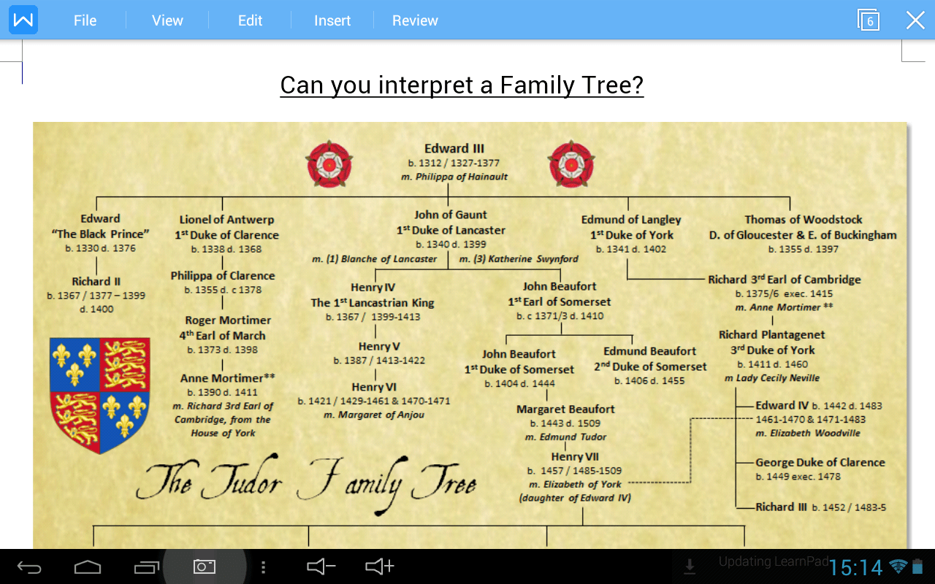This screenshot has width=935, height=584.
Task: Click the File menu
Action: pos(85,20)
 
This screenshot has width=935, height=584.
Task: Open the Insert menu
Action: pos(332,20)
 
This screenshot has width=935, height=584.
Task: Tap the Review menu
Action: pos(415,20)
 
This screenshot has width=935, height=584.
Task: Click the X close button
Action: pos(915,20)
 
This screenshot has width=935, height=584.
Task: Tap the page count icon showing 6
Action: pos(869,20)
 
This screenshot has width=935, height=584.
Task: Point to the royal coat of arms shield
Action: pos(100,394)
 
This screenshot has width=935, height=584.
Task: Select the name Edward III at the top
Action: pos(454,149)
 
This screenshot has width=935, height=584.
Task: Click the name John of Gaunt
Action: pos(451,215)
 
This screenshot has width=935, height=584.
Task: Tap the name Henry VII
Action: pos(575,457)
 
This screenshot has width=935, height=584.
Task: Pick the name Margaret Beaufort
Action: pos(565,410)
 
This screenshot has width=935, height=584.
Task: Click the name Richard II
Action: pos(96,281)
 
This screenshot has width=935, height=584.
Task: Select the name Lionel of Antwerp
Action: pos(227,220)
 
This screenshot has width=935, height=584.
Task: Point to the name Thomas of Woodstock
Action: pos(804,220)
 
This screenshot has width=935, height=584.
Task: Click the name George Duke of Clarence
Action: pos(820,462)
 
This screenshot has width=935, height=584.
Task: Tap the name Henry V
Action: pos(379,347)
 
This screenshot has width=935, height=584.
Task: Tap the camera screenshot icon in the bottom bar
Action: pos(205,566)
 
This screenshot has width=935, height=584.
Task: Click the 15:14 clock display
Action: pos(856,567)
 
